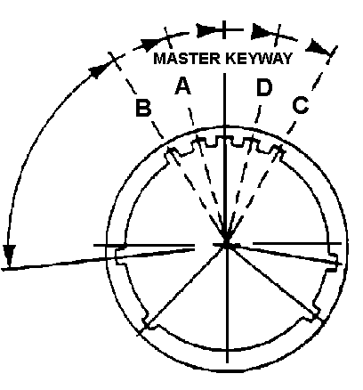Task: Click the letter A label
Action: [183, 85]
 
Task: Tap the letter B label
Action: [143, 108]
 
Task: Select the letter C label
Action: [301, 105]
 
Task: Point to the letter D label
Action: [264, 87]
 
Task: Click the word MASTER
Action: [187, 59]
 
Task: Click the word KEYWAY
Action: [258, 59]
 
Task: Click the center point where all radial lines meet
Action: [226, 244]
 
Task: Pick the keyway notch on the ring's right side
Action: [334, 261]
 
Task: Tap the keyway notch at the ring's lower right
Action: [311, 315]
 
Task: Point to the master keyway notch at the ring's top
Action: [224, 140]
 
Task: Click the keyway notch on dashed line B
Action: [172, 152]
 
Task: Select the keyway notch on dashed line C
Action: [278, 150]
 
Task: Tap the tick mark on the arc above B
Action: [115, 61]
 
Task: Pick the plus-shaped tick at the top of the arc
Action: [224, 29]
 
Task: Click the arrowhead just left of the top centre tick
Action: [207, 30]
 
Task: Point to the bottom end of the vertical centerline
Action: [227, 362]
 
